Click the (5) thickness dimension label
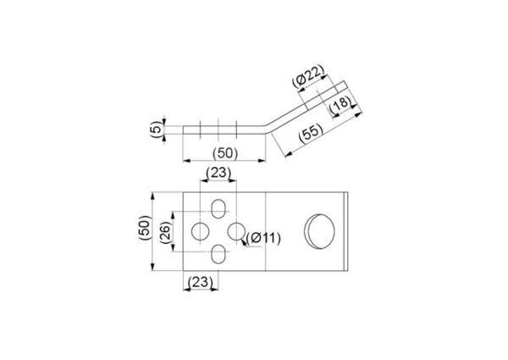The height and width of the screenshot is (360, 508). (156, 130)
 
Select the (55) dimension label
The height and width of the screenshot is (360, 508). (311, 133)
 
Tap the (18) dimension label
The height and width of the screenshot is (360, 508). (340, 104)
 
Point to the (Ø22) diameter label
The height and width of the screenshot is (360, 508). (308, 76)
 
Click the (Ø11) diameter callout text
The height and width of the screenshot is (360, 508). (263, 239)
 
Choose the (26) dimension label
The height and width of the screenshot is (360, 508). (166, 232)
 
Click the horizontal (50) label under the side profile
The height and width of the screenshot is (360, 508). (225, 153)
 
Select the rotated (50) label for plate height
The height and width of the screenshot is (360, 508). (145, 228)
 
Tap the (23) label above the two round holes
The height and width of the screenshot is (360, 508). (218, 173)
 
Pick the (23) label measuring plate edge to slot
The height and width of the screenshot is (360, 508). (201, 282)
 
